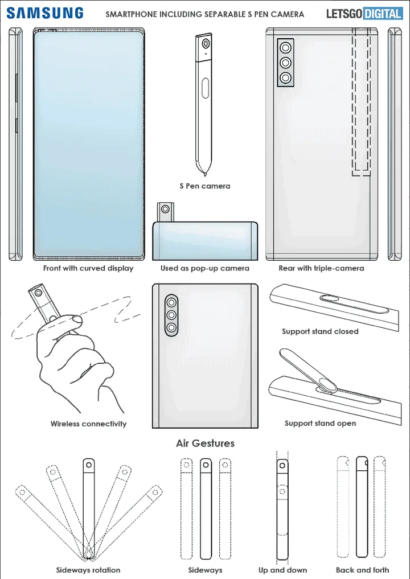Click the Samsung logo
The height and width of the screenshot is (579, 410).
tap(46, 13)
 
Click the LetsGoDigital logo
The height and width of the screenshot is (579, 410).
tap(364, 14)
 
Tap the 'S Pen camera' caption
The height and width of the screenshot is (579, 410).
tap(204, 186)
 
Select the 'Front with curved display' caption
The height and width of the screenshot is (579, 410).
tap(88, 268)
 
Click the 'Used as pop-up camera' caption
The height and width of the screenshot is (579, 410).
tap(204, 268)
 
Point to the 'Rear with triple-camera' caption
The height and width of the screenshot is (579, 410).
tap(321, 268)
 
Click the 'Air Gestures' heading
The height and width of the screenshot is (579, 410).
tap(205, 443)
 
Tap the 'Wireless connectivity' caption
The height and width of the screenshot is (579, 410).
tap(88, 424)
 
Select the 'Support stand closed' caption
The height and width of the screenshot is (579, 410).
tap(320, 331)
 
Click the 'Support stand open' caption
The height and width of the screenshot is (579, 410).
tap(320, 424)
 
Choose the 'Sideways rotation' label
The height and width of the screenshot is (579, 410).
tap(88, 570)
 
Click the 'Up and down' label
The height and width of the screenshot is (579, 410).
tap(282, 570)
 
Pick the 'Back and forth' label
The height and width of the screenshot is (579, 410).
tap(362, 570)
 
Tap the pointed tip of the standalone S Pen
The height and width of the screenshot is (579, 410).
tap(204, 170)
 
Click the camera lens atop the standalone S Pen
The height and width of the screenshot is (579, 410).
tap(204, 43)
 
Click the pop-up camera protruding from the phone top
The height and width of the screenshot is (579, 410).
tap(166, 211)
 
